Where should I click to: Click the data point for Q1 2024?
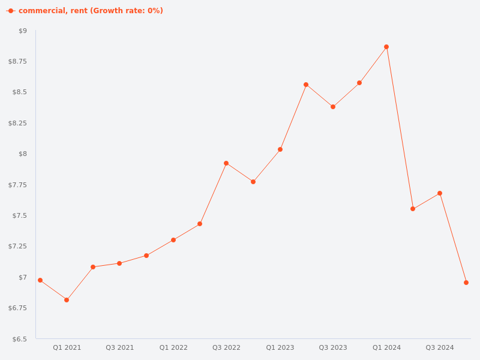386,47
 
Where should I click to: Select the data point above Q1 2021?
67,300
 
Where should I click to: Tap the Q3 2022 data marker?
226,163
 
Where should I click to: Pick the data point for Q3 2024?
440,193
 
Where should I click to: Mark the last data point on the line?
466,283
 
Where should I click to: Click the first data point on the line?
40,280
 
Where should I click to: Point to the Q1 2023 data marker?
280,149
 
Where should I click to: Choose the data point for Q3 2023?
333,107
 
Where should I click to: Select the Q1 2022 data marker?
173,240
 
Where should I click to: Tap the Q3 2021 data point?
119,263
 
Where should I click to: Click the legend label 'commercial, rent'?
91,11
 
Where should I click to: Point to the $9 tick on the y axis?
23,31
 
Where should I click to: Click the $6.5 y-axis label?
21,339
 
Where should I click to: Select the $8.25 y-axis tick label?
18,123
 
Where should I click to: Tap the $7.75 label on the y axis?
18,185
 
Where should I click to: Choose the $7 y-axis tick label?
23,277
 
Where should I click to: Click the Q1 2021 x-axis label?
67,347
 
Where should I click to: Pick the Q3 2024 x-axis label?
440,347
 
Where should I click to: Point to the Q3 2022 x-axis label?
226,347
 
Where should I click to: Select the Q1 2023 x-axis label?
280,347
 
